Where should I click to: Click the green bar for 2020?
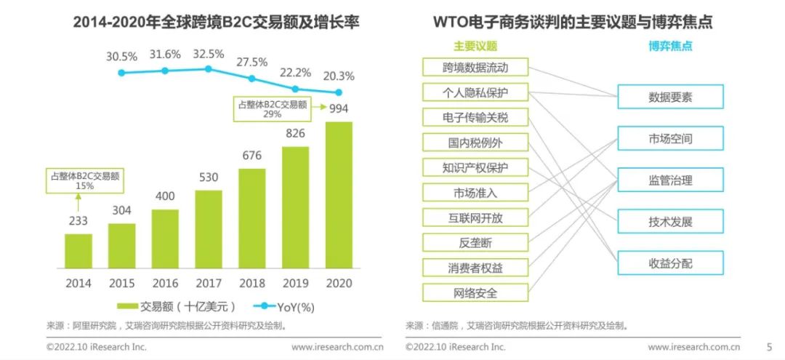click(339, 195)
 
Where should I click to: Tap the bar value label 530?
click(209, 178)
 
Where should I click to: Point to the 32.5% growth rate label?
click(208, 53)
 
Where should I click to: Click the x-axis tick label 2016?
click(165, 283)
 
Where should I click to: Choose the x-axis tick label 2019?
click(295, 283)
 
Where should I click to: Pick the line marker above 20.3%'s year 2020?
click(339, 92)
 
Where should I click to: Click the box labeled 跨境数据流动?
click(475, 68)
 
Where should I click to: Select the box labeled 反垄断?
click(475, 243)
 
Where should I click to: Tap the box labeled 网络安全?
click(475, 293)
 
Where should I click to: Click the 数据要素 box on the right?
click(670, 97)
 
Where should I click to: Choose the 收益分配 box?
click(670, 262)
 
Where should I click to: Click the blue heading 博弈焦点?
click(670, 46)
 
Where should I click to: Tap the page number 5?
click(769, 347)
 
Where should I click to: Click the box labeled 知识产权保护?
click(475, 167)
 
